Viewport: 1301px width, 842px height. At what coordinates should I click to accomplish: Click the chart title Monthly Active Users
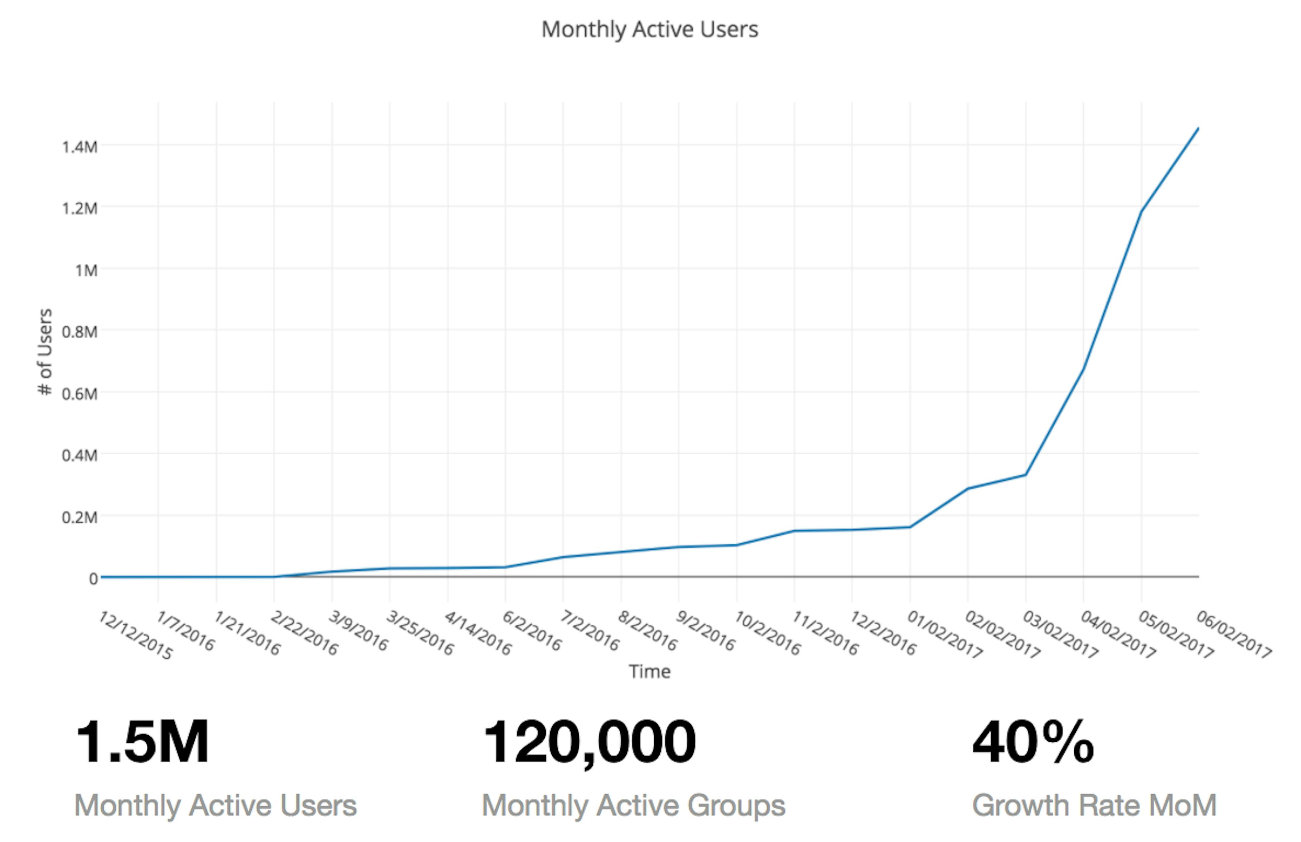(x=649, y=29)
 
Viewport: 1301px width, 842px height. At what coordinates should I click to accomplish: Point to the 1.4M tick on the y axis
(x=80, y=147)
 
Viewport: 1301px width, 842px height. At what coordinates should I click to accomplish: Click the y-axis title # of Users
(x=45, y=351)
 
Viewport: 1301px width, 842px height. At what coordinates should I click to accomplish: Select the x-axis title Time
(x=649, y=671)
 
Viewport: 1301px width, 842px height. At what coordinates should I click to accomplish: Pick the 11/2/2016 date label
(x=825, y=633)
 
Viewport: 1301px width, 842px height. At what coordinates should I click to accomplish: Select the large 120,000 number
(x=589, y=742)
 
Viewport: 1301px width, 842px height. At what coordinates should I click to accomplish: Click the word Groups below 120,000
(x=736, y=805)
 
